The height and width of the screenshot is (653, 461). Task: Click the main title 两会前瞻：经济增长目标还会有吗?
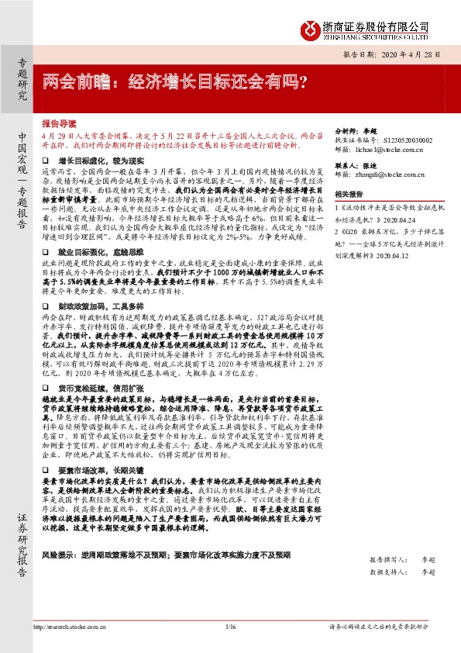pos(174,79)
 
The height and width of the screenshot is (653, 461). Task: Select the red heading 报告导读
pos(59,123)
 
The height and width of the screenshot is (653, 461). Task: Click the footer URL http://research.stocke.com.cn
pos(70,626)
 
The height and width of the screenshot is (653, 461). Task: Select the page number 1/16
pos(230,626)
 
